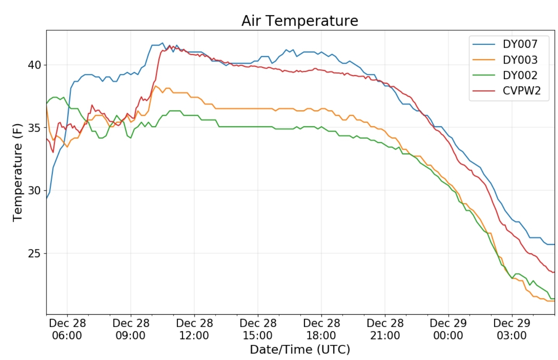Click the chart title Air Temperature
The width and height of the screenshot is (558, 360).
[x=299, y=21]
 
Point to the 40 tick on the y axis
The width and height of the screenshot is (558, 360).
[x=34, y=65]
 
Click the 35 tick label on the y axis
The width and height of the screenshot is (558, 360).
[x=34, y=128]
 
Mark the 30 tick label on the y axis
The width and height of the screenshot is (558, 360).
[x=34, y=191]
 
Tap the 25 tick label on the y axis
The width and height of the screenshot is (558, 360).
[x=34, y=253]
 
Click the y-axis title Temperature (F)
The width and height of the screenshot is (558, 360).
[x=17, y=172]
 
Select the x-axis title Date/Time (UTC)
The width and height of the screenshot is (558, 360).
[x=300, y=350]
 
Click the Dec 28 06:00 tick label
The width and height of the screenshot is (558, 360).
[x=67, y=329]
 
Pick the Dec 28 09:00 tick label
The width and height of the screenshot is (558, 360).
[x=131, y=329]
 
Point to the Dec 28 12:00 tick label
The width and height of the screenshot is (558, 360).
[x=194, y=329]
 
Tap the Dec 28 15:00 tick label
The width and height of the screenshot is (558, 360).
[x=258, y=329]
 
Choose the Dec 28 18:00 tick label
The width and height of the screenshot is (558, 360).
[x=321, y=329]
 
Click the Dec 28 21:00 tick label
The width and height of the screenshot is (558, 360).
[x=385, y=329]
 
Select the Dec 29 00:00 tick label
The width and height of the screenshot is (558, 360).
[x=448, y=329]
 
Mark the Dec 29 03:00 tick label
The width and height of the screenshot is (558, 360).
[x=512, y=329]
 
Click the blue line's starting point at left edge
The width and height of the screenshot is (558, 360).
[x=47, y=198]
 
